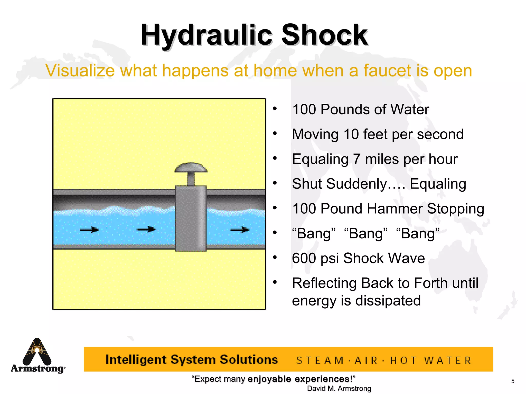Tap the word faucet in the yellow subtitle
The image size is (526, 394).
tap(387, 71)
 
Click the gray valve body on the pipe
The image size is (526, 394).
tap(191, 218)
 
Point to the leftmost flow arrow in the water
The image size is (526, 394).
tap(89, 230)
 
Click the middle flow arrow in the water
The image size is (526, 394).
tap(146, 229)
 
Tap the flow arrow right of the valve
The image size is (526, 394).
tap(240, 230)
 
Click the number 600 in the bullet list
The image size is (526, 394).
tap(304, 258)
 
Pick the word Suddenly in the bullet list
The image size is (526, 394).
tap(356, 184)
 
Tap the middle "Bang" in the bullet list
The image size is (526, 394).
tap(366, 233)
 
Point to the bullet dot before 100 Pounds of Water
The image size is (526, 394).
tap(275, 109)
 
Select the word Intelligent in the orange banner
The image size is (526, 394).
tap(136, 360)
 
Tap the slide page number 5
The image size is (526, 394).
tap(513, 381)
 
